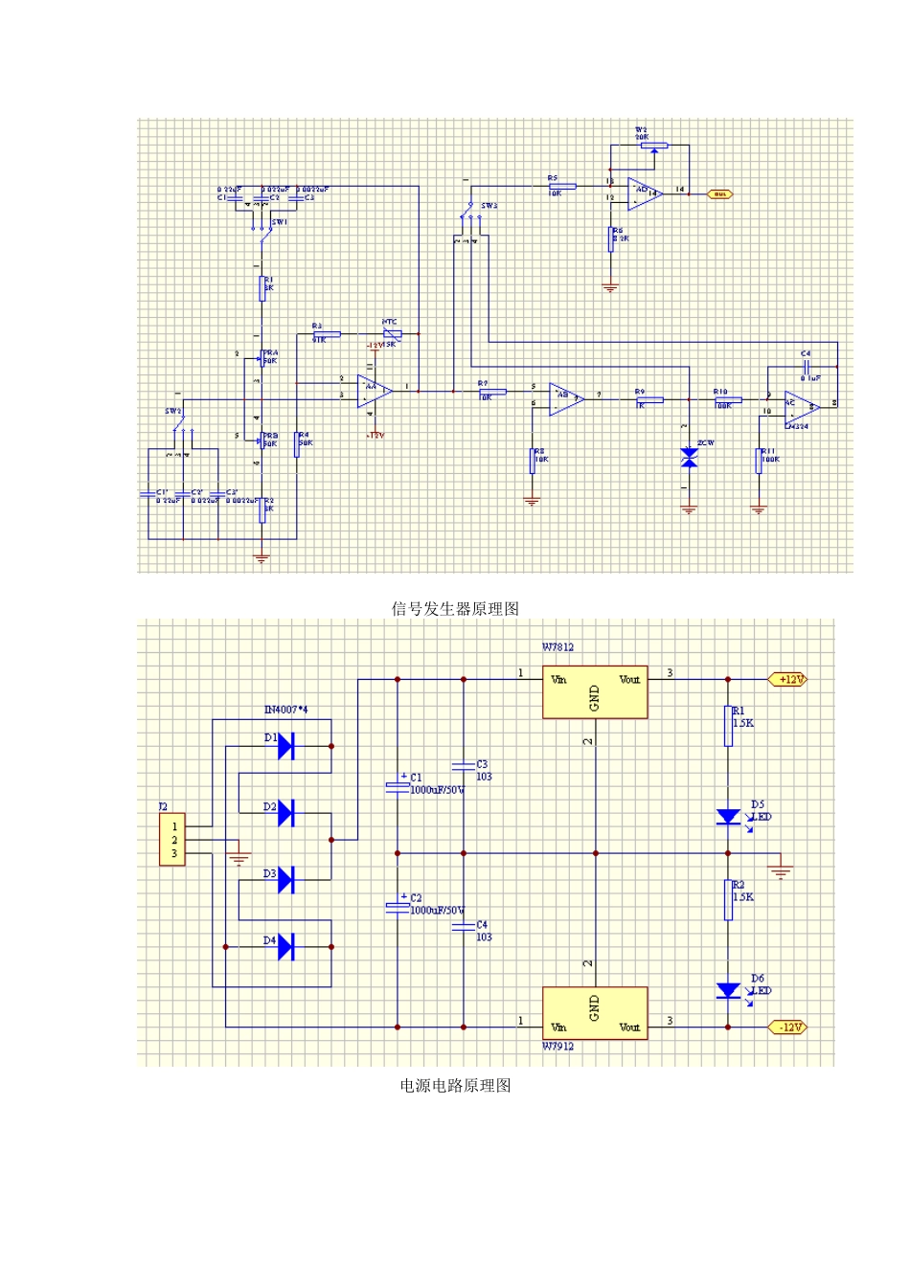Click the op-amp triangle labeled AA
(373, 391)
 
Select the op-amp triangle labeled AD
(644, 192)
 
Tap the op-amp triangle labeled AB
(565, 398)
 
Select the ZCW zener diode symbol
(689, 458)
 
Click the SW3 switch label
(489, 206)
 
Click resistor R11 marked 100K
(759, 460)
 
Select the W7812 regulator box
(595, 692)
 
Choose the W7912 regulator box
(595, 1012)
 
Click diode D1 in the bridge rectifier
(284, 745)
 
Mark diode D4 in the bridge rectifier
(284, 946)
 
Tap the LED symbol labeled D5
(728, 817)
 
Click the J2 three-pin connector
(172, 840)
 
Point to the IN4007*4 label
(285, 710)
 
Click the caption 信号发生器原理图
(455, 609)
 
